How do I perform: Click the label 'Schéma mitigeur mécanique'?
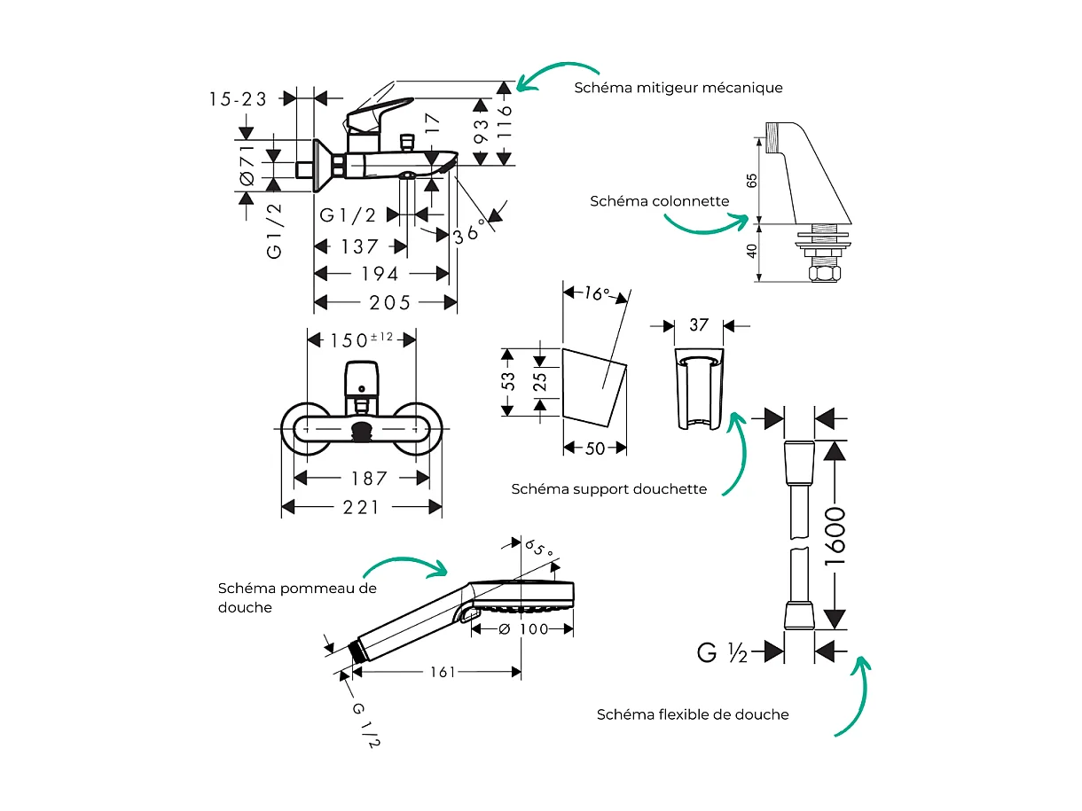point(678,88)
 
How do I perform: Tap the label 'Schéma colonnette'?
point(659,201)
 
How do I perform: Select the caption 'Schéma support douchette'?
point(608,488)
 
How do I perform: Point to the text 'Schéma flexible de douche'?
point(692,714)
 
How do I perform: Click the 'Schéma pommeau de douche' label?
point(296,597)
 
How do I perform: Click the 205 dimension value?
point(389,303)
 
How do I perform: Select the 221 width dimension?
point(363,507)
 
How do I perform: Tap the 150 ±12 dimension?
point(361,339)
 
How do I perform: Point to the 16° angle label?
point(597,293)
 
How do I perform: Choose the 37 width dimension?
point(699,325)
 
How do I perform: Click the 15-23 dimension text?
point(238,98)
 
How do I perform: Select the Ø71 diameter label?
point(247,166)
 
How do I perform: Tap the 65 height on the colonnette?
point(752,180)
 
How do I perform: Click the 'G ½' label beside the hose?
point(722,653)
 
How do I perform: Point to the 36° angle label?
point(470,231)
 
